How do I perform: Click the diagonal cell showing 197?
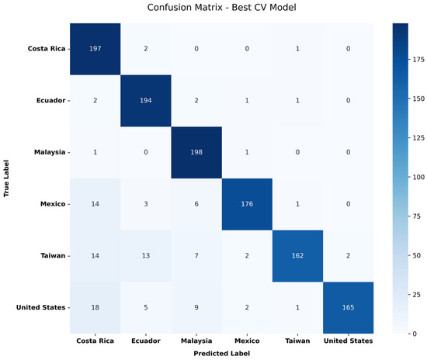tap(95, 49)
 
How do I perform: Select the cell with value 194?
tap(146, 101)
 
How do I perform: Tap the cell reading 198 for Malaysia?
tap(196, 152)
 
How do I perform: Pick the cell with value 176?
tap(247, 204)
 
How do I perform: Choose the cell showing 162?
tap(297, 256)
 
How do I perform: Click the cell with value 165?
tap(349, 307)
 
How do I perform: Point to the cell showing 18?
tap(95, 307)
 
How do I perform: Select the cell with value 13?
tap(146, 256)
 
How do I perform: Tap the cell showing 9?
tap(196, 307)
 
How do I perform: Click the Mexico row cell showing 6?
tap(196, 204)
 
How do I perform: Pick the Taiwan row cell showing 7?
tap(196, 256)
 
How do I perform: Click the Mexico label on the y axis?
tap(53, 204)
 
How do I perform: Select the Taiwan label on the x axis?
tap(297, 341)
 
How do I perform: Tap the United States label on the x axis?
tap(349, 341)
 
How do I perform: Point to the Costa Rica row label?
tap(47, 49)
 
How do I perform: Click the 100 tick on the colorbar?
tap(417, 177)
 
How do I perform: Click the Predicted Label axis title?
tap(222, 354)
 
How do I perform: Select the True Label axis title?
tap(6, 178)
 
